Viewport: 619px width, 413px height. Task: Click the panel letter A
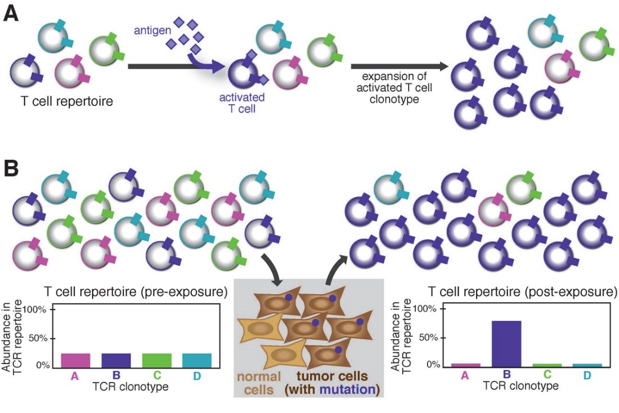pos(11,12)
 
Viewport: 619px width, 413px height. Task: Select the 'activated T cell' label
pos(242,103)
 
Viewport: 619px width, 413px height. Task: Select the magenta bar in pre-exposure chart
pos(75,360)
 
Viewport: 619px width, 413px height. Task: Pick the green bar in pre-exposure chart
pos(157,360)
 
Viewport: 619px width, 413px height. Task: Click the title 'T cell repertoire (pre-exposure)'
pos(136,292)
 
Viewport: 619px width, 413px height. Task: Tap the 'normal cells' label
pos(258,383)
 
